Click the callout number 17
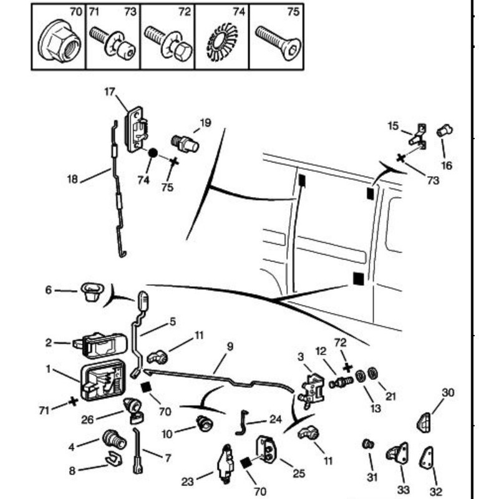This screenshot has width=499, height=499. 110,92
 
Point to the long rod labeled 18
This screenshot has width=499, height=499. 117,187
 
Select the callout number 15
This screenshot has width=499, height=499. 393,126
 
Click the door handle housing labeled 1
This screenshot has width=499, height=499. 100,378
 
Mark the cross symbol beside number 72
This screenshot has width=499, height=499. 347,368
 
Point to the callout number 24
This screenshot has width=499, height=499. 276,420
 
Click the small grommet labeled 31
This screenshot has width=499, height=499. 369,444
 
